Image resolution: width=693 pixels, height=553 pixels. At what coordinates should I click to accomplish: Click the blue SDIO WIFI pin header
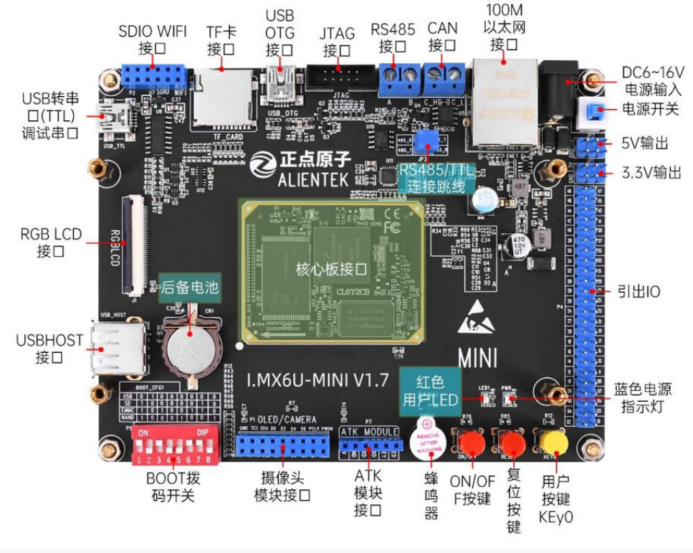153,74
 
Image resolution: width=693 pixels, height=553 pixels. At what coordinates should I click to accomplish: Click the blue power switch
592,110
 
